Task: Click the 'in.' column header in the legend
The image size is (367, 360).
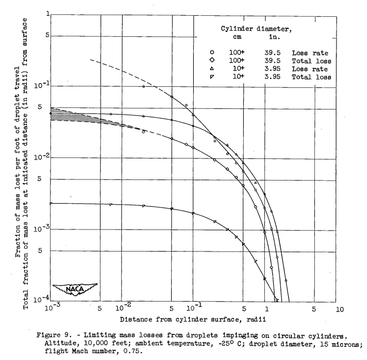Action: [274, 37]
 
